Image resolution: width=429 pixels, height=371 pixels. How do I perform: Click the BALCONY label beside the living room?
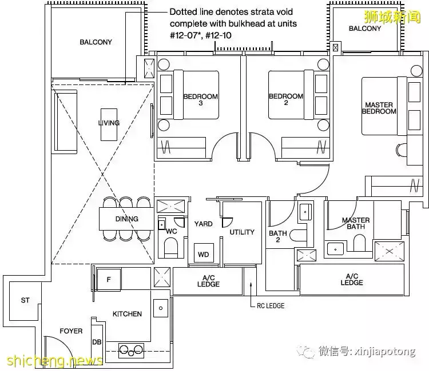96,42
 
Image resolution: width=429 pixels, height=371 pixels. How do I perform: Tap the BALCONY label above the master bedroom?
364,29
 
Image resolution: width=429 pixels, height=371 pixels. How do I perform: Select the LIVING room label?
109,123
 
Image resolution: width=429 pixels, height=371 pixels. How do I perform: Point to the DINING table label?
126,219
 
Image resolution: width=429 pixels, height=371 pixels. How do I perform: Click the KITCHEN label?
127,314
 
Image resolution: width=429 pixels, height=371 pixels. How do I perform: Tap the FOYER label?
71,331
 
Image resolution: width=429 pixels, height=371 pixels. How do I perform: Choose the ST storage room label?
25,300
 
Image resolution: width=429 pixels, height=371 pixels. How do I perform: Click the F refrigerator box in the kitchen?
109,280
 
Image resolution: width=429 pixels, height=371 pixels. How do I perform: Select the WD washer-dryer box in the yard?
203,255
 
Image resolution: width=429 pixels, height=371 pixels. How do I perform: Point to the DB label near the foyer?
97,342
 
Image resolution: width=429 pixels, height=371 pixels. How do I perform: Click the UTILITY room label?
242,232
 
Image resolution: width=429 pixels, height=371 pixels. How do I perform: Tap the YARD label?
203,224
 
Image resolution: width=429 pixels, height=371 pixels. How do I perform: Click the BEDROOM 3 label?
200,100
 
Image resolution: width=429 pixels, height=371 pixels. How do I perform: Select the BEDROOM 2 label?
286,100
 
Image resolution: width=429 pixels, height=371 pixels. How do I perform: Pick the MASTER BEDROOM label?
379,108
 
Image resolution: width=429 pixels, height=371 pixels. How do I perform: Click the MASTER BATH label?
355,224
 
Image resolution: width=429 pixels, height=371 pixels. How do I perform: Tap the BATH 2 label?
278,237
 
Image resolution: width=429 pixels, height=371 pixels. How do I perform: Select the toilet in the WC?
171,247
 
